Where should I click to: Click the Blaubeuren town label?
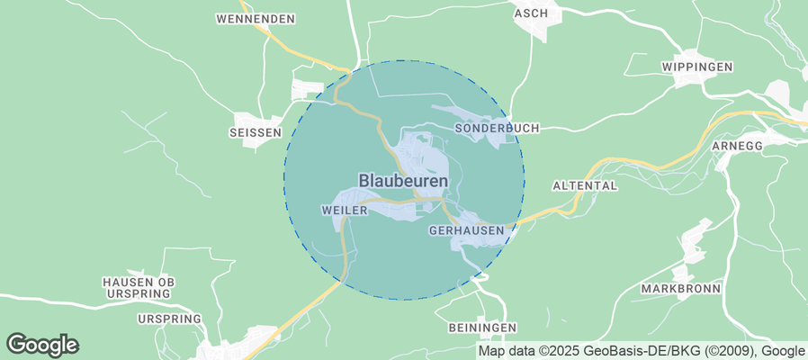403,181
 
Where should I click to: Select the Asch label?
531,13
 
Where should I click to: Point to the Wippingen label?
697,67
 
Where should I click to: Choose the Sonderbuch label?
498,129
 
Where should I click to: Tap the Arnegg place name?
736,146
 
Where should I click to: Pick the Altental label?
584,186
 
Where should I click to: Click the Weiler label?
345,210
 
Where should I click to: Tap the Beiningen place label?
481,327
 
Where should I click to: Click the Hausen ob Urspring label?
139,287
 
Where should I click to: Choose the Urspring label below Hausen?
167,319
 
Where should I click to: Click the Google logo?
42,345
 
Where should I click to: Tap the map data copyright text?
642,351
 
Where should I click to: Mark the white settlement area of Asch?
546,26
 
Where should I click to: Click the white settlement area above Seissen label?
306,90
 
